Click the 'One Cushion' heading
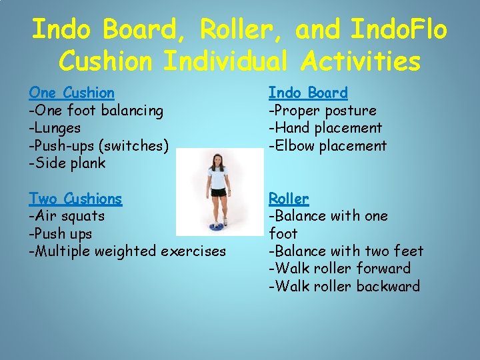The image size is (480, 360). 71,93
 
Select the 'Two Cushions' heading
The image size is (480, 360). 75,199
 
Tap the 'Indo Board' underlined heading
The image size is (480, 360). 308,93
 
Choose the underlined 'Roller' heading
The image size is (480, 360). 289,199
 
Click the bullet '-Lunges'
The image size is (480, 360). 55,128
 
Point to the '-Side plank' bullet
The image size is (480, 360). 67,163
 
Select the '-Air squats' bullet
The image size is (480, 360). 67,216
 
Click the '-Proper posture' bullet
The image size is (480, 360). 322,111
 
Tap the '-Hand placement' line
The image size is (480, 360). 325,128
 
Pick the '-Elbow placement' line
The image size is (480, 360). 327,145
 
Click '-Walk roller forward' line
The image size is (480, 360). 339,269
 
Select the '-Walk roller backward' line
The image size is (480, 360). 344,287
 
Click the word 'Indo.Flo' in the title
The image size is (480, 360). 399,30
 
